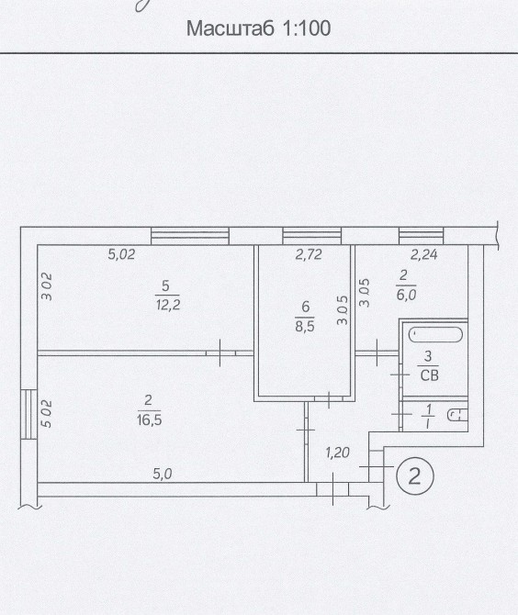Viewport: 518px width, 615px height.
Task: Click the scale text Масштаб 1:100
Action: point(258,28)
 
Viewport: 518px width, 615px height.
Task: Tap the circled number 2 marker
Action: point(415,476)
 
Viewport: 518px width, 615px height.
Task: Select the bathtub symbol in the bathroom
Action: point(435,334)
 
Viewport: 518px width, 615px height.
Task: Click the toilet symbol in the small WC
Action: point(457,416)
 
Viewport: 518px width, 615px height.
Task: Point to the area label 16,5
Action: point(149,420)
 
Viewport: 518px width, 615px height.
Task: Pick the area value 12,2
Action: point(168,305)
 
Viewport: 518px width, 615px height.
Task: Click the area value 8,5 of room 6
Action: point(305,326)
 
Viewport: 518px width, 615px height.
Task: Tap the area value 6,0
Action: point(406,295)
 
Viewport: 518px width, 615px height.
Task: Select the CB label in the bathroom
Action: point(429,375)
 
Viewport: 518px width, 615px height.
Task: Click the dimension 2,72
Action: point(309,254)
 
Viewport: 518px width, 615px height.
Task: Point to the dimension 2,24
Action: point(423,255)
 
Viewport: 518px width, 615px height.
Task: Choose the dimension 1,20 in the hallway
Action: point(337,453)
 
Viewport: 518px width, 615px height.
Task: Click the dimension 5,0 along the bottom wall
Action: point(163,475)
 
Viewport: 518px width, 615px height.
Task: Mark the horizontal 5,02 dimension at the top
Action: point(121,254)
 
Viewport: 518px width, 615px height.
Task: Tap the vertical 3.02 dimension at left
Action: point(47,286)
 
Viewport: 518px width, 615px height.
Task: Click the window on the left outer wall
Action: point(28,414)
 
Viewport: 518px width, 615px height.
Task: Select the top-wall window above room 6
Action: point(312,236)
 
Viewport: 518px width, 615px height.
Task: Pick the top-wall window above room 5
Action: point(190,236)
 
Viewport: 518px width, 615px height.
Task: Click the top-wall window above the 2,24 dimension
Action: point(421,236)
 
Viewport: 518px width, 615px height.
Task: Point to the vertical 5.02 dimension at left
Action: point(47,413)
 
